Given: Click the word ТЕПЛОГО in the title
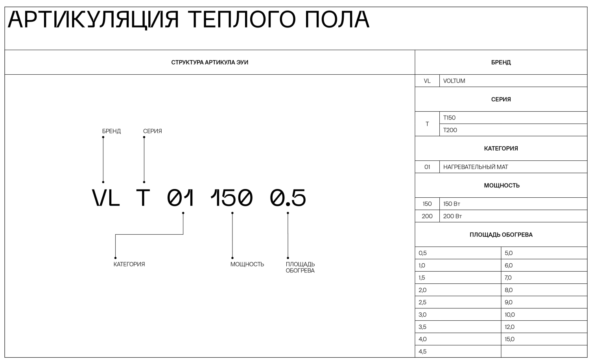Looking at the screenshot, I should coord(241,20).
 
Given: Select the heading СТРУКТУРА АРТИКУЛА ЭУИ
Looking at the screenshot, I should coord(210,62).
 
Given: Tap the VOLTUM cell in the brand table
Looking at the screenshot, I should coord(454,81).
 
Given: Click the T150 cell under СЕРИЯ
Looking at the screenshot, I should coord(449,118).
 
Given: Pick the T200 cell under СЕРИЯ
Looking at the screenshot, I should coord(450,130).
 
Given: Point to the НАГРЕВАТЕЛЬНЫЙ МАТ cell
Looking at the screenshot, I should coord(476,167).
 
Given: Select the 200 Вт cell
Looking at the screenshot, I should coord(452,216).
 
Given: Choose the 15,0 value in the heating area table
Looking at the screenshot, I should coord(509,339).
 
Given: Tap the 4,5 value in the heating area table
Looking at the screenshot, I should coord(422,351).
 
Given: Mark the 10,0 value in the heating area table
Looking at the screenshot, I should coord(509,314).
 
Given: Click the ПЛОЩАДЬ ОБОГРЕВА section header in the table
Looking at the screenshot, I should coord(501,235).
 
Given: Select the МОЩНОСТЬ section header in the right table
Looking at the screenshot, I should coord(501,186).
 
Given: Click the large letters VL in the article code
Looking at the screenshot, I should coord(106,198).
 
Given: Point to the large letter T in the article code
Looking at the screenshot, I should coord(143,198).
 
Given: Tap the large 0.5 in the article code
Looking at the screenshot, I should coord(288,198).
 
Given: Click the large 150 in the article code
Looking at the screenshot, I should coord(231,198).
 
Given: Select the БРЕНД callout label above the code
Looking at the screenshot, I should coord(111,131).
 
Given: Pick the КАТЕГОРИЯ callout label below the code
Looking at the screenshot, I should coord(129,264).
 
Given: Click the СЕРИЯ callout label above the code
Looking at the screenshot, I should coord(152,131).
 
